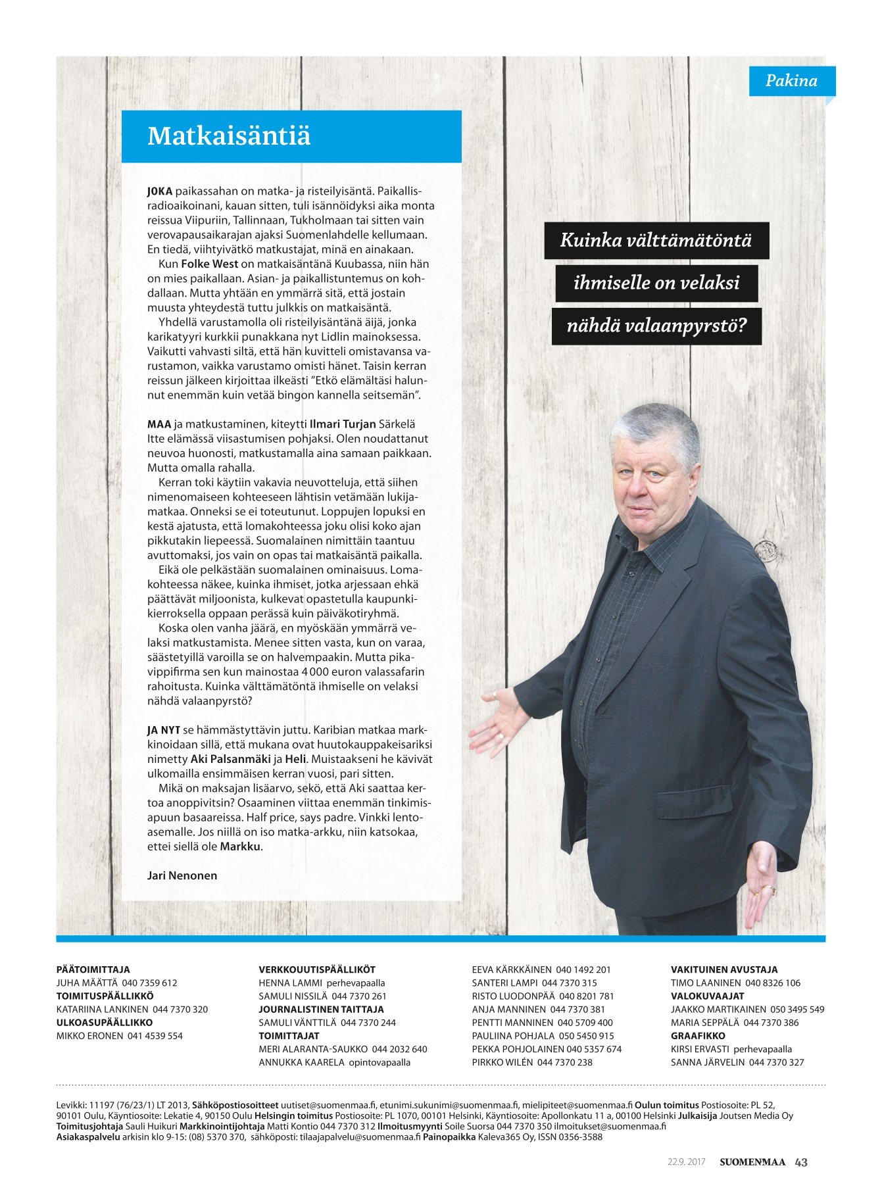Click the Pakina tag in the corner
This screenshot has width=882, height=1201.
click(x=791, y=81)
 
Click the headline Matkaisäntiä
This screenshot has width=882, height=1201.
click(x=229, y=136)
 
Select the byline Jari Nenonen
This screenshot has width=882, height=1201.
click(x=182, y=875)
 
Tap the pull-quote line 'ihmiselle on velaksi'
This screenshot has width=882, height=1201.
click(x=656, y=283)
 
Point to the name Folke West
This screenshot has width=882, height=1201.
click(x=209, y=264)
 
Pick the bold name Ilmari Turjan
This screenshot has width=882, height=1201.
click(x=343, y=424)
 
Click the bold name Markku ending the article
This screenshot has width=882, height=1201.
click(x=241, y=846)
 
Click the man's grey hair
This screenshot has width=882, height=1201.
click(x=654, y=428)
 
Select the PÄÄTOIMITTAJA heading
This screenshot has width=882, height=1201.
click(x=93, y=969)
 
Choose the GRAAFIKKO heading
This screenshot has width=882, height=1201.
click(x=698, y=1035)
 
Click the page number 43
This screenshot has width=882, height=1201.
click(x=801, y=1162)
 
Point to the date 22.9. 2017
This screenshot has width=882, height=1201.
click(x=686, y=1162)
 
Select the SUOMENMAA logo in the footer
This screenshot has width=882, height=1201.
click(x=752, y=1162)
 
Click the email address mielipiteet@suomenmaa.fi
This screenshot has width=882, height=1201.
click(x=577, y=1105)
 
